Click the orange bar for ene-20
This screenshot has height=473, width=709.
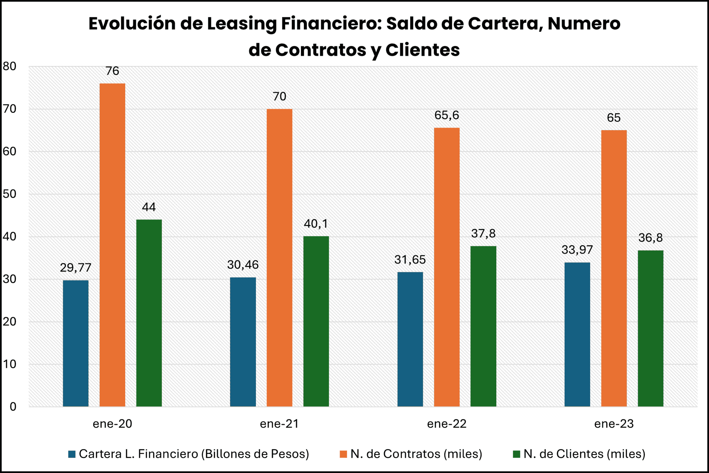[x=112, y=245]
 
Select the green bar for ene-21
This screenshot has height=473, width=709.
[x=316, y=321]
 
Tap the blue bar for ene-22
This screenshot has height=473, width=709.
[x=410, y=339]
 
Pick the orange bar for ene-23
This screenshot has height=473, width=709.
[x=614, y=268]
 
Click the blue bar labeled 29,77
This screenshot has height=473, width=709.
[x=76, y=343]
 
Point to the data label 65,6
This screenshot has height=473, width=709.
[x=446, y=115]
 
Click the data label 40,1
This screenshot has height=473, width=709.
[x=316, y=224]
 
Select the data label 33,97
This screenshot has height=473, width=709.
[x=577, y=250]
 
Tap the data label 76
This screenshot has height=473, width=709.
[x=112, y=71]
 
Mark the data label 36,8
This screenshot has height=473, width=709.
[x=650, y=238]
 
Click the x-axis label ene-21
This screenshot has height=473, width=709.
[x=279, y=424]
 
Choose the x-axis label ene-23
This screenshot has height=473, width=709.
[x=614, y=424]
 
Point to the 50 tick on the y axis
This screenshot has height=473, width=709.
[x=10, y=194]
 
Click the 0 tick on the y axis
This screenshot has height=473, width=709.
[x=13, y=407]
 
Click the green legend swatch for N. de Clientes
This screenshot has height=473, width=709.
[x=517, y=454]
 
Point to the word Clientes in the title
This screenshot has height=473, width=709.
[x=422, y=50]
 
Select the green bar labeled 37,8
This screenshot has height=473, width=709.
[x=483, y=326]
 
